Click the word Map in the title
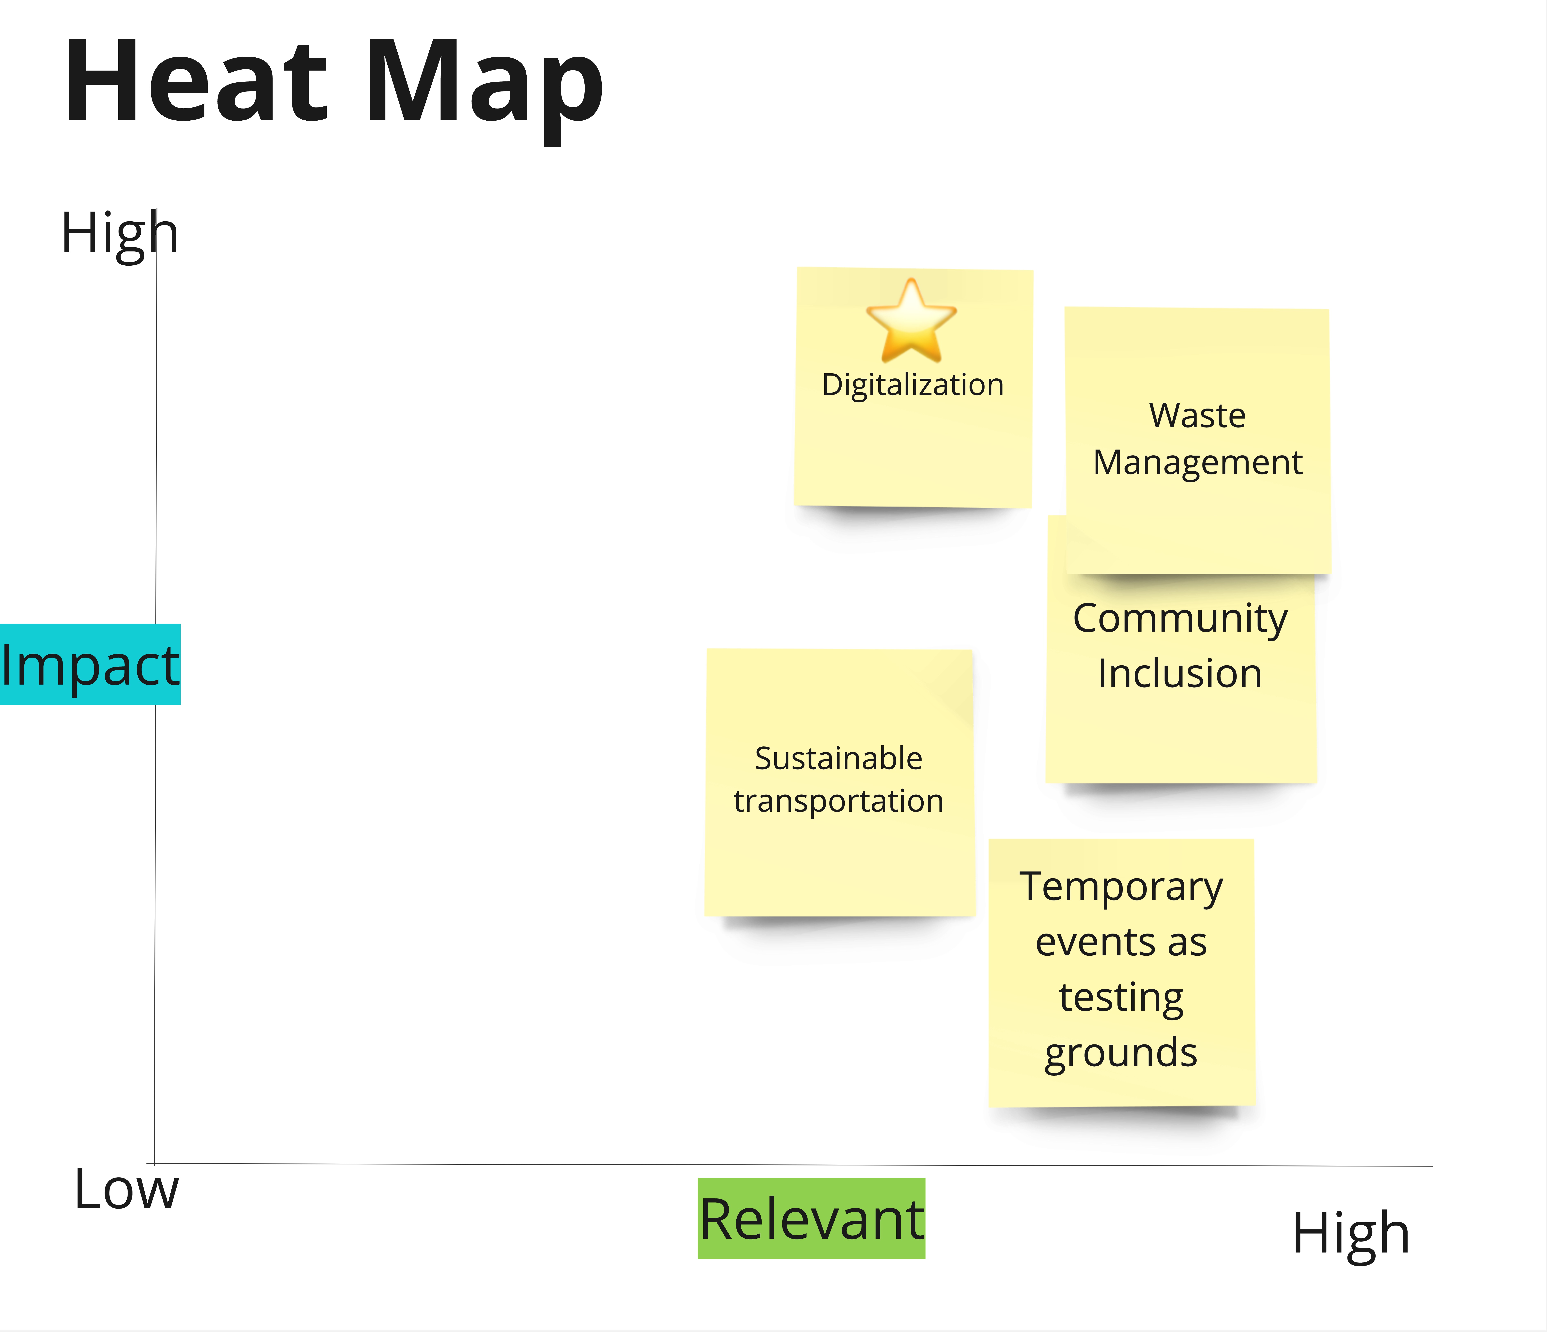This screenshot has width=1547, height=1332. [x=484, y=86]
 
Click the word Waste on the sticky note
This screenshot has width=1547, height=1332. [x=1197, y=416]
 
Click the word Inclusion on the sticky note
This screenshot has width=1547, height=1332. [x=1180, y=673]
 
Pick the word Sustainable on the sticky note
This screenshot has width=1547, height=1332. [x=839, y=759]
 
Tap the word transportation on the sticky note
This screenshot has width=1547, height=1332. [x=839, y=801]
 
